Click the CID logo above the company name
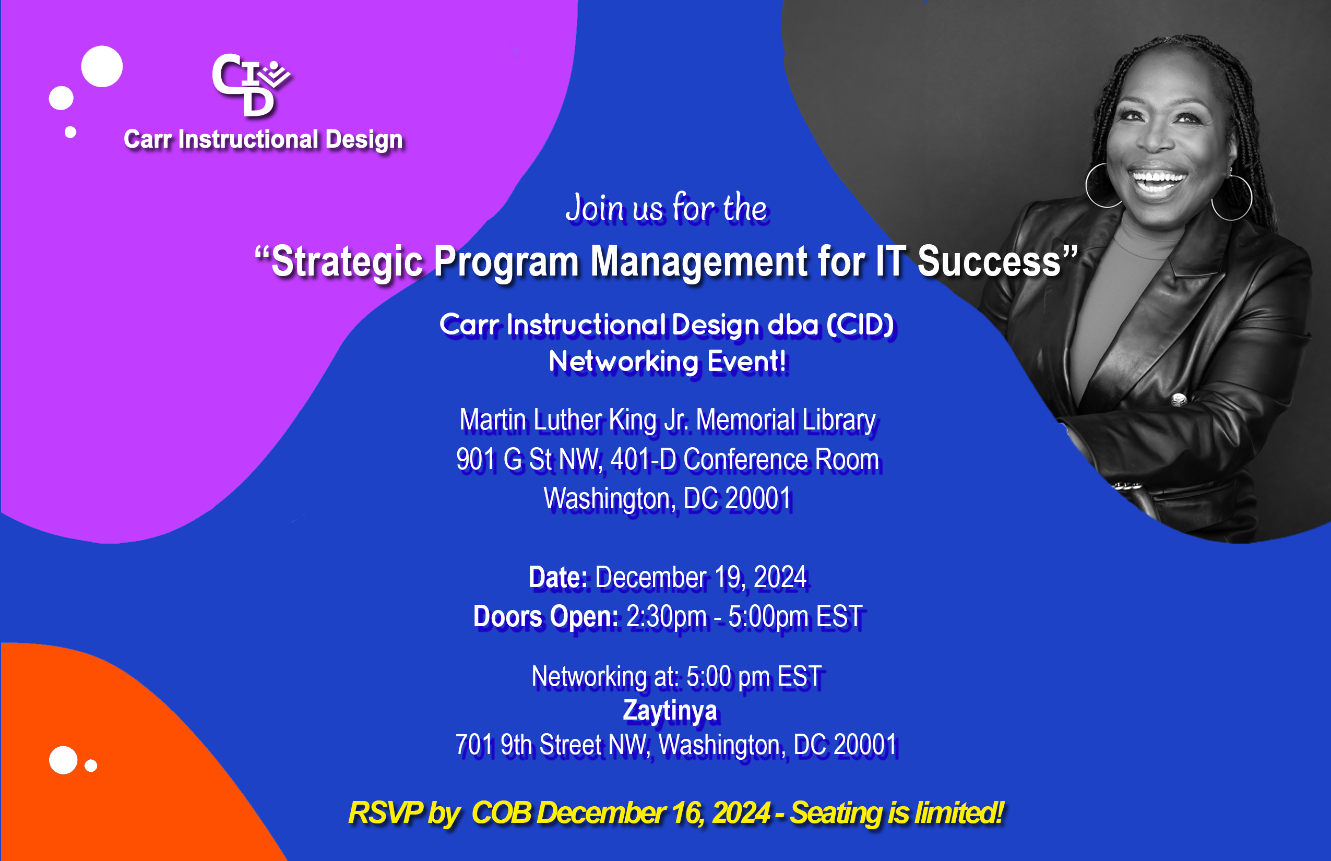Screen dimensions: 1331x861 (x=251, y=85)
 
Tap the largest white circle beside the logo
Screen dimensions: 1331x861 (x=102, y=67)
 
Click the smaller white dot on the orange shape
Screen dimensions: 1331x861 (x=91, y=766)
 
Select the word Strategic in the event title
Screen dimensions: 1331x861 (x=347, y=262)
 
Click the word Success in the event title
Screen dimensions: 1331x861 (x=989, y=261)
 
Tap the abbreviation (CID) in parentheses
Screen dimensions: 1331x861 (x=861, y=325)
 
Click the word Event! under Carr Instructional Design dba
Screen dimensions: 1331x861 (x=746, y=361)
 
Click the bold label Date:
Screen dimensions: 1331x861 (x=558, y=578)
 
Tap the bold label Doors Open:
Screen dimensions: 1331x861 (x=546, y=617)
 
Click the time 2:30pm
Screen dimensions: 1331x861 (x=666, y=617)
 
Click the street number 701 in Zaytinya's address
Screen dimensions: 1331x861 (x=474, y=745)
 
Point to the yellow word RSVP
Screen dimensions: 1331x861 (x=385, y=813)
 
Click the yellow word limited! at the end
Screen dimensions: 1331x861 (x=960, y=813)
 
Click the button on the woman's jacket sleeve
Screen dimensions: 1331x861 (x=1179, y=400)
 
